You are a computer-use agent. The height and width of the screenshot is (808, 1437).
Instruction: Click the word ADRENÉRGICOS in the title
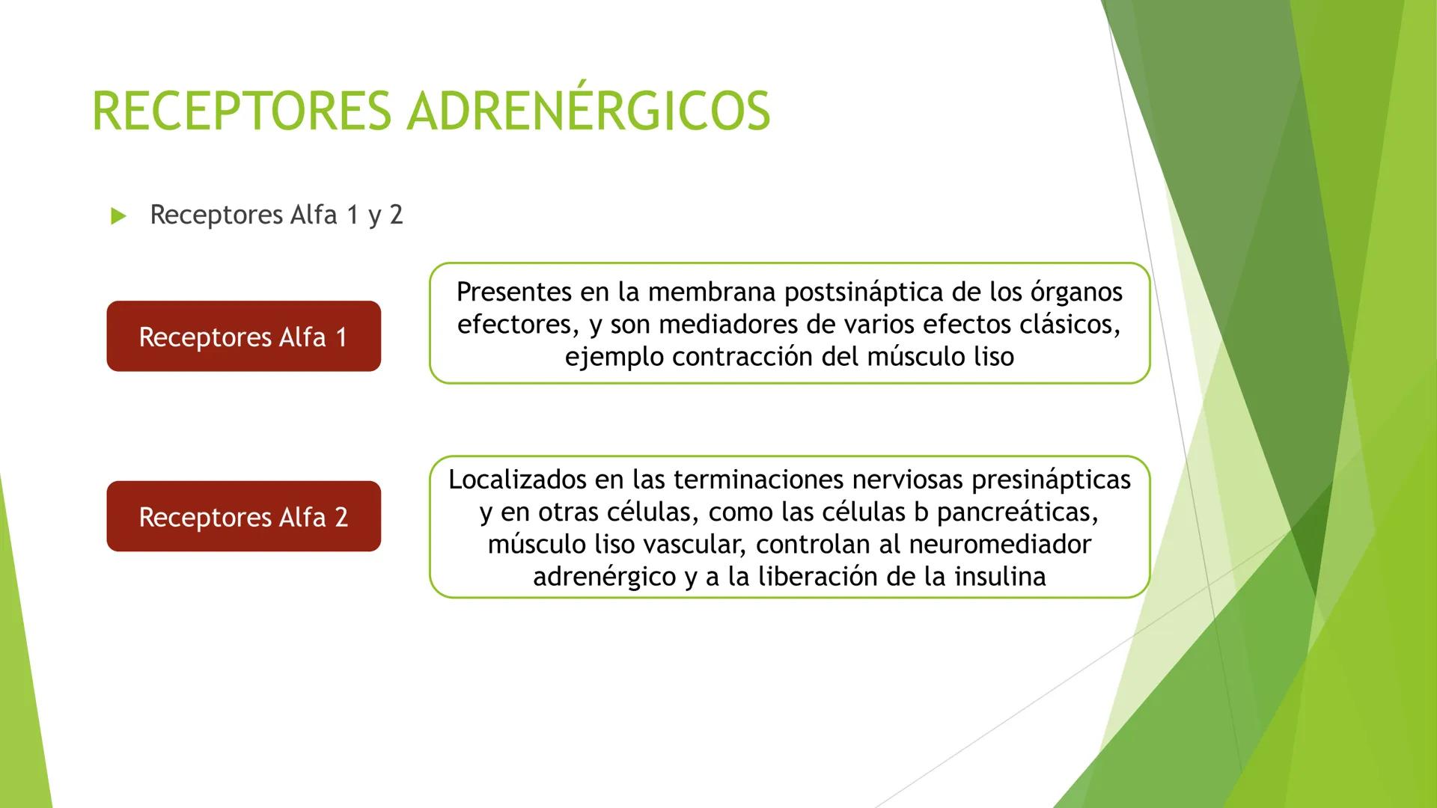pyautogui.click(x=588, y=111)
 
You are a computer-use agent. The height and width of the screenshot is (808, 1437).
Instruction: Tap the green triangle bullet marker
pyautogui.click(x=118, y=217)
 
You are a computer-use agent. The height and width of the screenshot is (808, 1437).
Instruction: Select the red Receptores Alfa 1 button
pyautogui.click(x=243, y=337)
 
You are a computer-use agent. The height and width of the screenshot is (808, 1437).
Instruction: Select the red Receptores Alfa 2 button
pyautogui.click(x=243, y=517)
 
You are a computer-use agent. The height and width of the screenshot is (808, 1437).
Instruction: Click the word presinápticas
pyautogui.click(x=1051, y=480)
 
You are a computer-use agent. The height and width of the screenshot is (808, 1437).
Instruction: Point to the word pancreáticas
pyautogui.click(x=1017, y=512)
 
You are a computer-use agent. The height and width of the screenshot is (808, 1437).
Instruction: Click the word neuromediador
pyautogui.click(x=1000, y=545)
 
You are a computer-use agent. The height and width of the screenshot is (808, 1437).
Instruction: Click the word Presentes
pyautogui.click(x=513, y=292)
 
